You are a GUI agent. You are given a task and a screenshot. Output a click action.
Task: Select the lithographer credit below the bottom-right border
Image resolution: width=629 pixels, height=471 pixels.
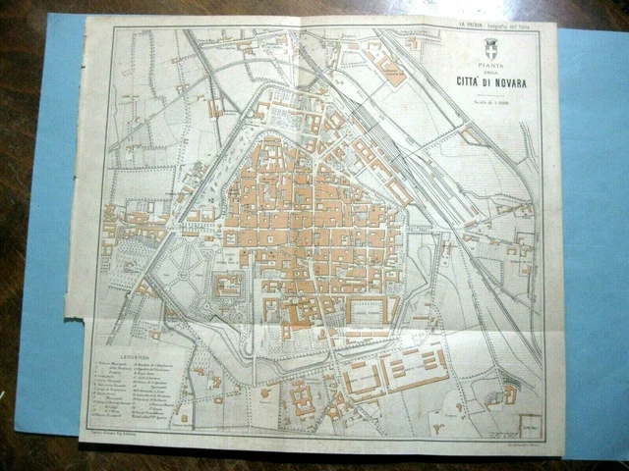click(x=512, y=431)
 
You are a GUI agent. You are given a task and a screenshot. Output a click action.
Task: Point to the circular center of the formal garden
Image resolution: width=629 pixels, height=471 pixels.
click(x=178, y=267)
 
